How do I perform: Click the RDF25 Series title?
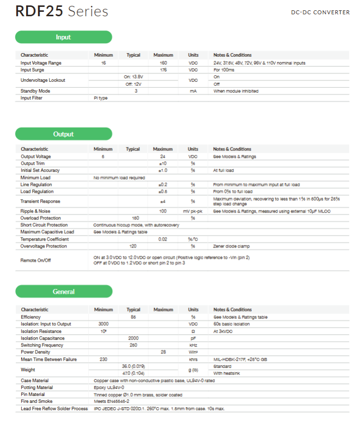tap(62, 11)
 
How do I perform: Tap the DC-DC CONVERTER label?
tap(320, 12)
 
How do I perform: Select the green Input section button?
tap(64, 37)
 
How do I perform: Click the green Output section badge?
tap(64, 134)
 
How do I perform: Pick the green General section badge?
tap(64, 291)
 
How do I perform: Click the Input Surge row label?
tap(33, 70)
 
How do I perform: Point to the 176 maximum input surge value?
tap(164, 70)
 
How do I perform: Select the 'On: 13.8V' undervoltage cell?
tap(133, 77)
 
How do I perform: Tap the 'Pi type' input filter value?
tap(100, 98)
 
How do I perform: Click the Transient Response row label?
tap(40, 201)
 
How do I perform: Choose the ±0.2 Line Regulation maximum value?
tap(163, 184)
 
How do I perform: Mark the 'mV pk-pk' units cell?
tap(193, 210)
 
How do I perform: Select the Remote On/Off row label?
tap(35, 260)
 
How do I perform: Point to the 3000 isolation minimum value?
tap(103, 324)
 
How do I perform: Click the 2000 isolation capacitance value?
tap(133, 338)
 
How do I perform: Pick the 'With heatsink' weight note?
tap(226, 374)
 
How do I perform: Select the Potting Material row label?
tap(36, 387)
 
